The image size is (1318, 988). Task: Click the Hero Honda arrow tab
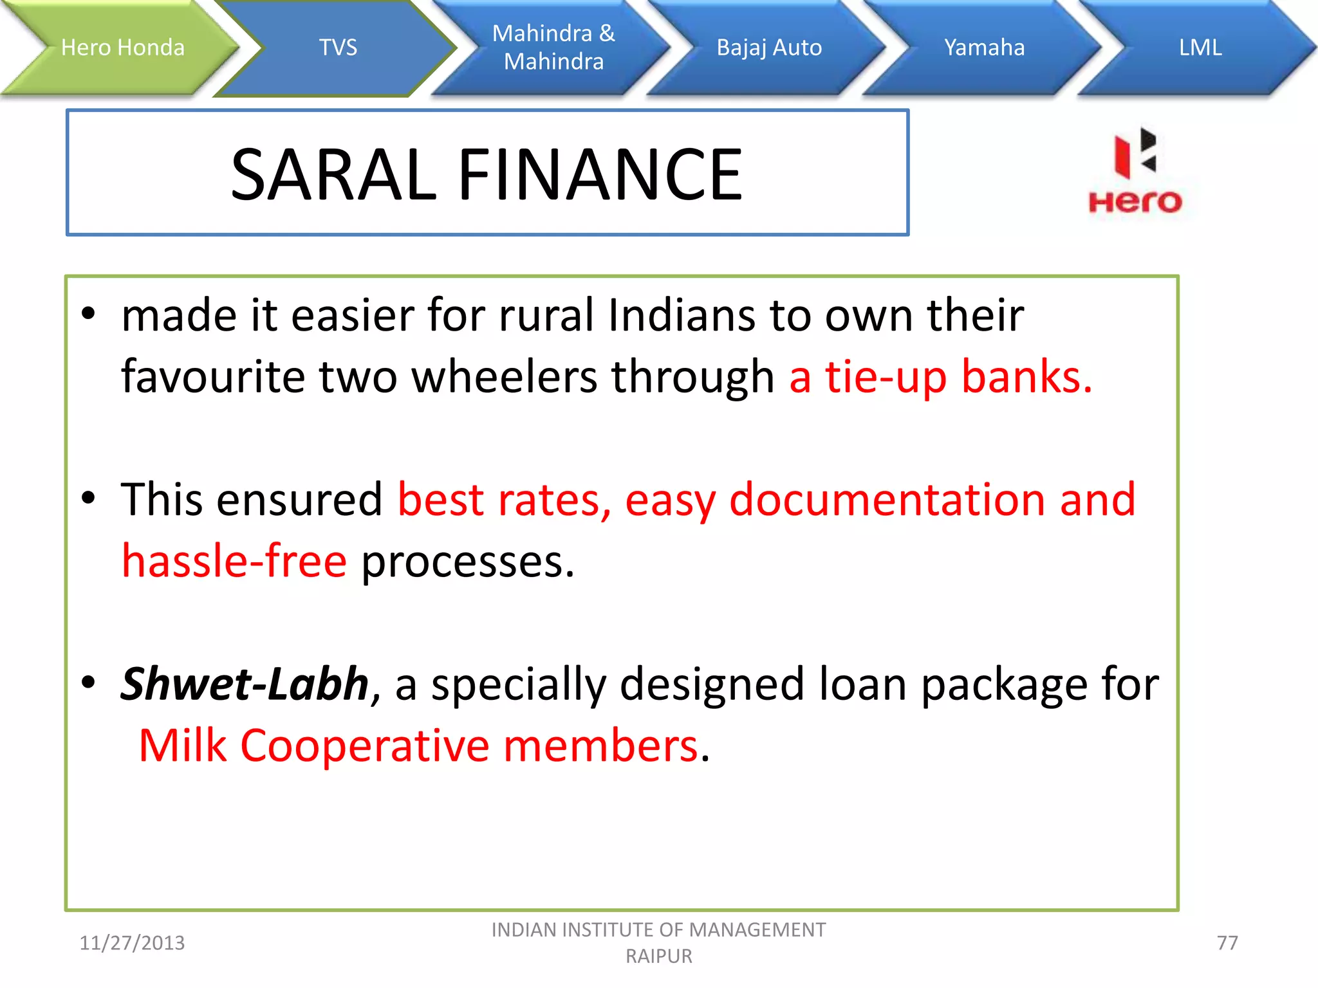coord(122,48)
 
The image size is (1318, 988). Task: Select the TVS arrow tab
coord(338,48)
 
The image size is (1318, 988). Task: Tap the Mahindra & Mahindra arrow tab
coord(553,48)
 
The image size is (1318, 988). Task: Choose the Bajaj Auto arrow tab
coord(769,48)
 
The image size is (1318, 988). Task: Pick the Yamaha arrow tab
coord(984,48)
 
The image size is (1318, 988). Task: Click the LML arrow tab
coord(1200,48)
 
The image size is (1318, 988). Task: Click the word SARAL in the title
coord(334,174)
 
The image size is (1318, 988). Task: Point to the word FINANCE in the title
coord(600,174)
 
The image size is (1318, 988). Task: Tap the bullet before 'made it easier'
coord(89,315)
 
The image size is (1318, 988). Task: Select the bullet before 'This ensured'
coord(89,498)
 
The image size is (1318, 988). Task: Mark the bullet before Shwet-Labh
coord(89,682)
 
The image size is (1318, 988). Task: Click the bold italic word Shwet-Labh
coord(245,684)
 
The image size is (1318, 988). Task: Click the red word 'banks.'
coord(1026,377)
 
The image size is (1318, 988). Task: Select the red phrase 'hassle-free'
coord(235,561)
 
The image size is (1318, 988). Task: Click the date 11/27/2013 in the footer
coord(132,943)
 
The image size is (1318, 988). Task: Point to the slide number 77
coord(1227,943)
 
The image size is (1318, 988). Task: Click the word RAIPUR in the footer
coord(659,956)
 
